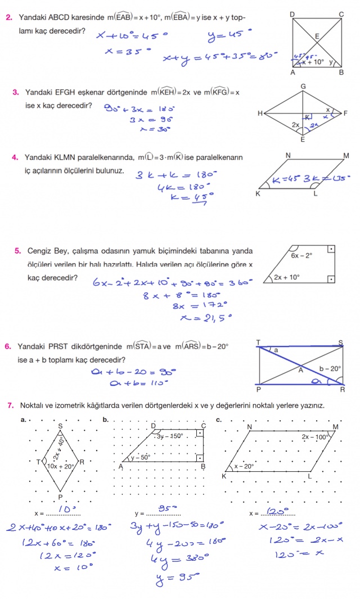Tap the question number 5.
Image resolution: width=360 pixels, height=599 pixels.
tap(17, 251)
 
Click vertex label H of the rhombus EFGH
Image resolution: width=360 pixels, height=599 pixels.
tap(260, 114)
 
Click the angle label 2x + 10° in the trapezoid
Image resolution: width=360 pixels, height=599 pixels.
tap(287, 277)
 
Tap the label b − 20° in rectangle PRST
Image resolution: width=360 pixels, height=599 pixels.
tap(330, 369)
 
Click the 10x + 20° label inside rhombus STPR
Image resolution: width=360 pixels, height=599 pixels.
tap(61, 466)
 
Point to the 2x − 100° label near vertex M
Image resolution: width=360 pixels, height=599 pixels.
tap(315, 436)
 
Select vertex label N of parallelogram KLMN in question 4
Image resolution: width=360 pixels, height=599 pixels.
tap(287, 155)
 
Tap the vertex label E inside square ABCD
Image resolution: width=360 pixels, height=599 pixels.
tap(317, 36)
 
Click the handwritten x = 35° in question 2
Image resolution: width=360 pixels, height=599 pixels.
tap(128, 52)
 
